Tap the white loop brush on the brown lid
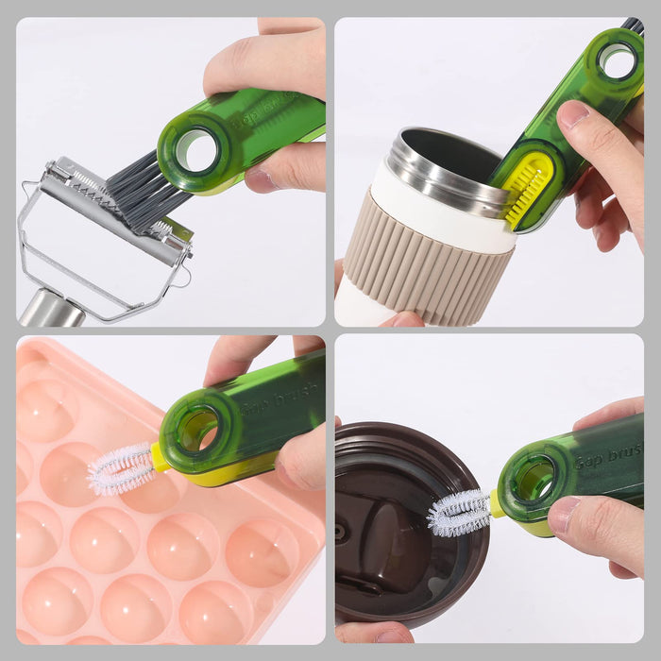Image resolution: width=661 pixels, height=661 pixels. (459, 513)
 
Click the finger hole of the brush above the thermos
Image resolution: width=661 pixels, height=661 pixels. (619, 60)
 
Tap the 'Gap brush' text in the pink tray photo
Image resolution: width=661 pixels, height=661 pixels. (278, 402)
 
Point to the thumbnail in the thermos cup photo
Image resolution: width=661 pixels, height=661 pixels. (574, 115)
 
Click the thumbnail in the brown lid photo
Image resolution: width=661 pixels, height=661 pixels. (564, 514)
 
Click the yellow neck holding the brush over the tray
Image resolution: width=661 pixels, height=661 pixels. (160, 459)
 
